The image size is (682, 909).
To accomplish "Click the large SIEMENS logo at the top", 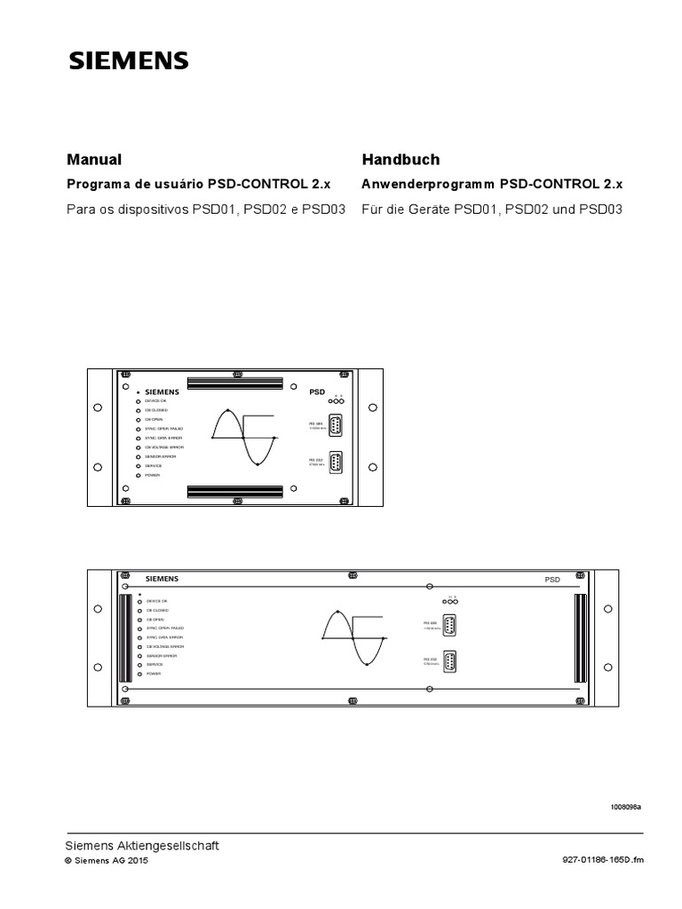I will point(128,60).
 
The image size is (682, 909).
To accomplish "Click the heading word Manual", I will point(94,160).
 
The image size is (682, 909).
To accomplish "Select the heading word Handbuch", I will point(400,160).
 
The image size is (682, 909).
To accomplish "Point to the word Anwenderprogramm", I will point(428,185).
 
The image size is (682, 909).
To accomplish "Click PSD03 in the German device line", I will point(601,210).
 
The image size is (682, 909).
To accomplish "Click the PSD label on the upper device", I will point(318,391).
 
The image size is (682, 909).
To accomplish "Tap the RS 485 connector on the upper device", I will point(337,427).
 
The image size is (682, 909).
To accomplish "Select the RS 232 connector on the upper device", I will point(337,463).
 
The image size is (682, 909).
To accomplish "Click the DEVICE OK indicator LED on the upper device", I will point(137,401).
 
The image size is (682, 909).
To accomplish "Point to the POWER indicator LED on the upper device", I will point(137,476).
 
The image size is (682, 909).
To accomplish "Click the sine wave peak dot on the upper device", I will point(228,411).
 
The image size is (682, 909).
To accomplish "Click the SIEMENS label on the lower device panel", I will point(162,578).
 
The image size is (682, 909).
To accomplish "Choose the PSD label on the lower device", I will point(552,579).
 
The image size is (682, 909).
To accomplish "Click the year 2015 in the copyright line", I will point(138,861).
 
